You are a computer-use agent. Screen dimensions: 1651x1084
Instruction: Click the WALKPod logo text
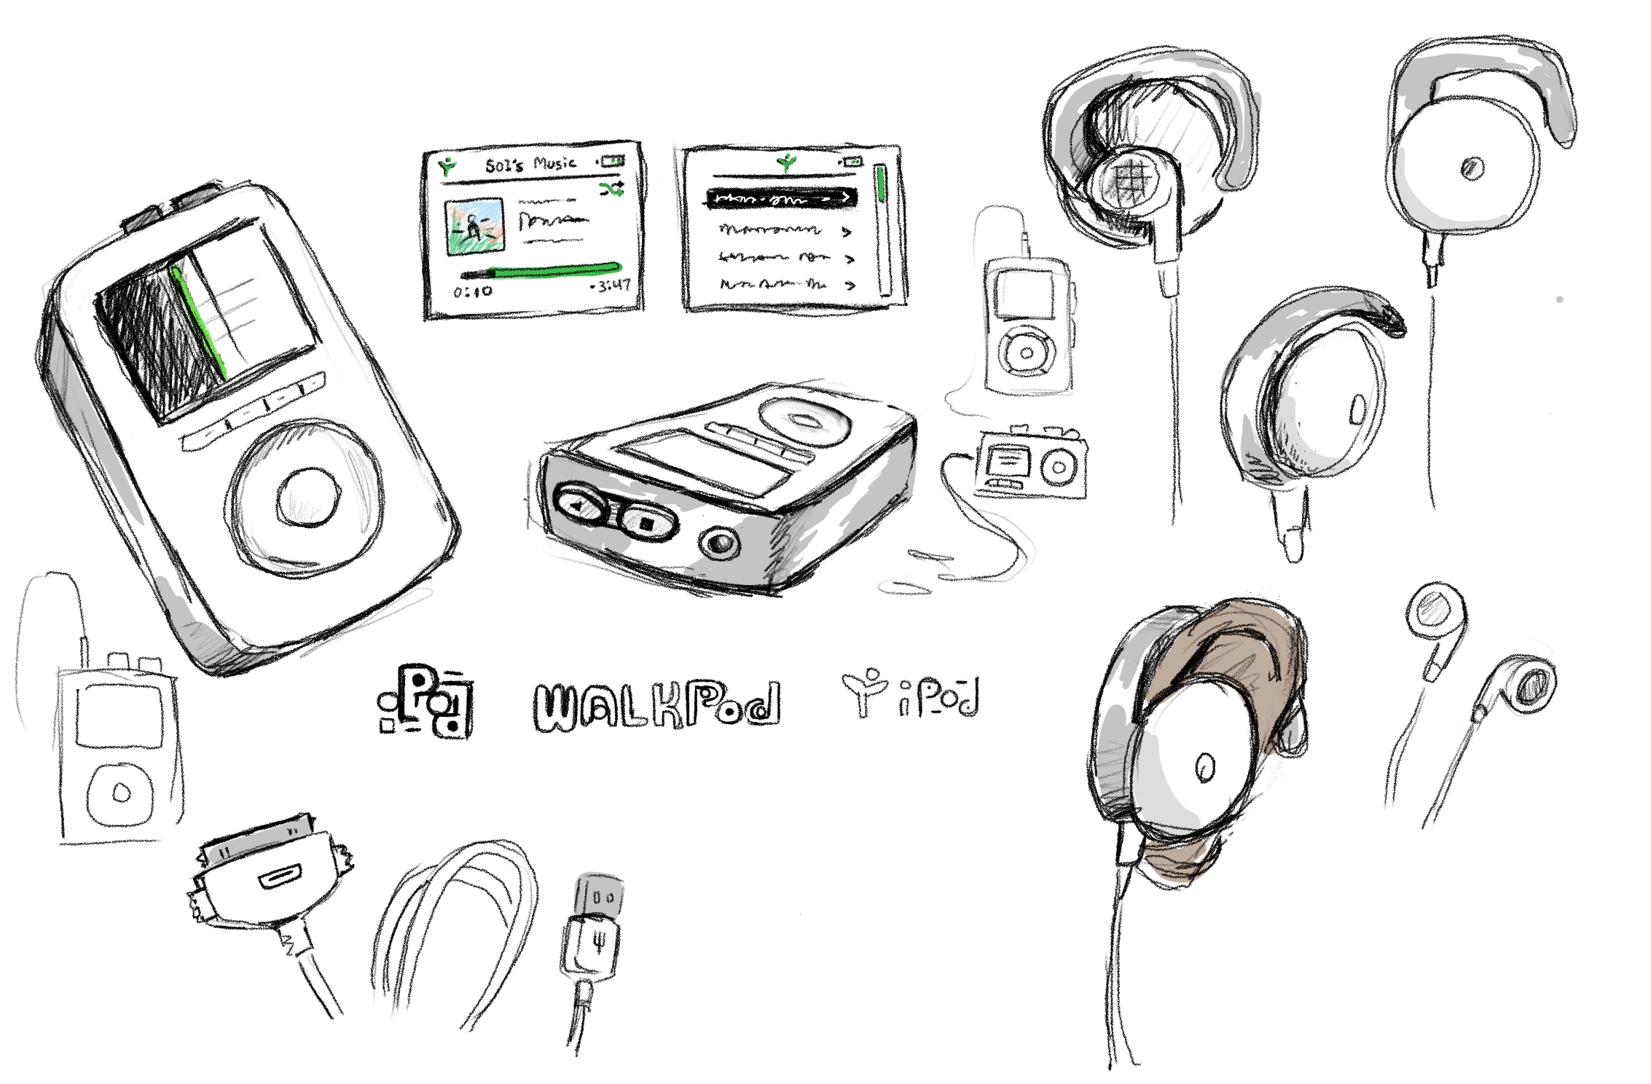click(656, 704)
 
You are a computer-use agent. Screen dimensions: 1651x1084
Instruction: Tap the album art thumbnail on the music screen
click(474, 226)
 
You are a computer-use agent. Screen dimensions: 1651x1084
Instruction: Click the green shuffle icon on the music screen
click(611, 190)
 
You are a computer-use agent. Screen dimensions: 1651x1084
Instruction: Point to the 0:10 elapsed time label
click(472, 291)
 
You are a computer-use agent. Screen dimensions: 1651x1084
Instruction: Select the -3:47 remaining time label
click(611, 286)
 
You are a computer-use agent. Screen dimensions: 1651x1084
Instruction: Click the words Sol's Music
click(530, 164)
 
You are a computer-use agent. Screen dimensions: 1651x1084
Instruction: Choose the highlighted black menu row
click(782, 197)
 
